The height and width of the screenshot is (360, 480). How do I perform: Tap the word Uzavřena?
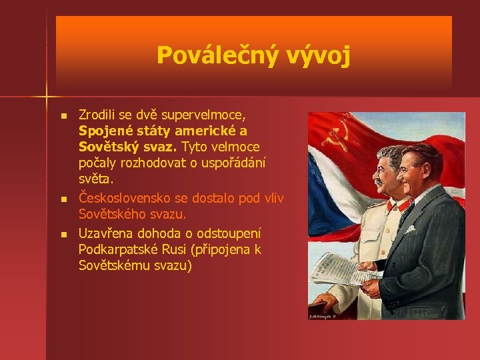click(107, 233)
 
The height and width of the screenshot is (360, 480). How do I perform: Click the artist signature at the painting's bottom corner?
click(324, 315)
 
